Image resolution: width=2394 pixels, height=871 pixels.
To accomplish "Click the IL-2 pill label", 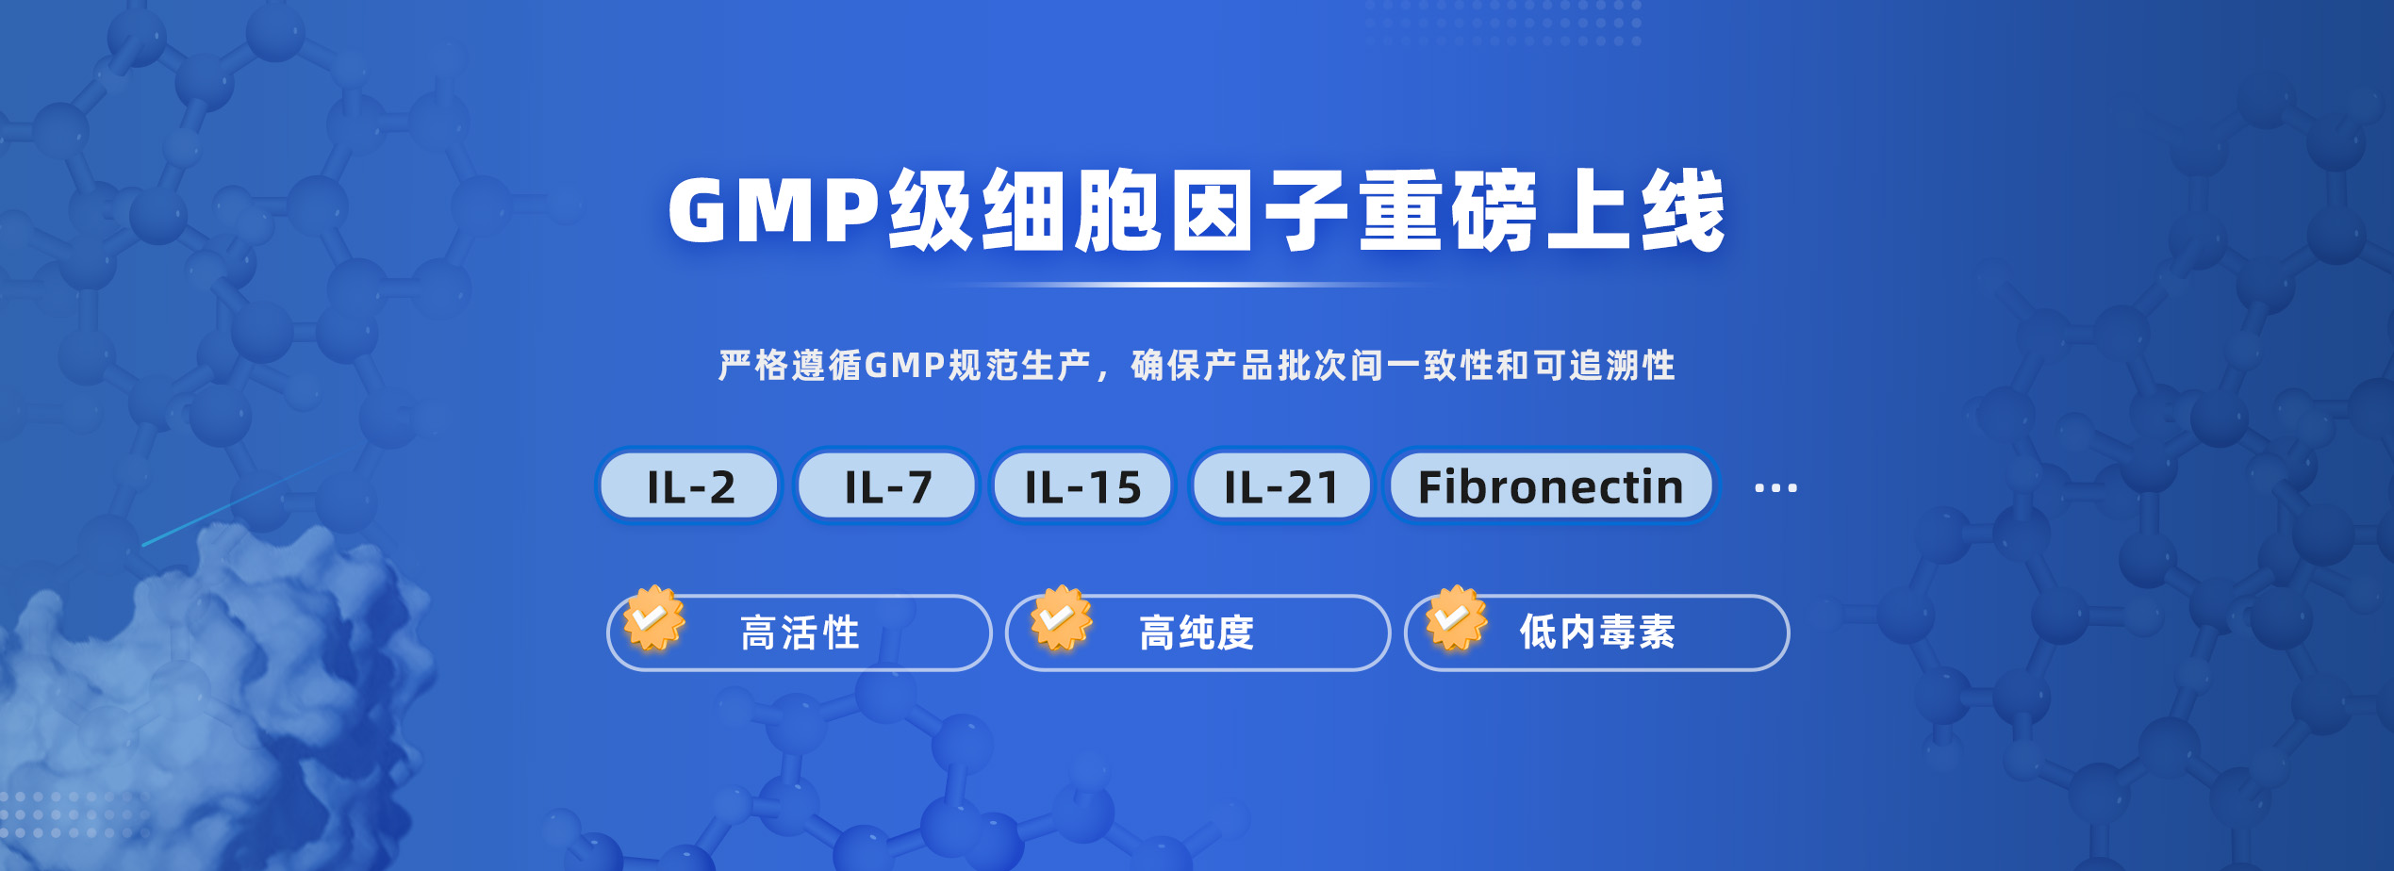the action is point(689,485).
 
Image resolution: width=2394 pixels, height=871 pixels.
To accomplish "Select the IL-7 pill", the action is point(887,485).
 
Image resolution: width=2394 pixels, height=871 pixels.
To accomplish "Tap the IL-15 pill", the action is point(1082,485).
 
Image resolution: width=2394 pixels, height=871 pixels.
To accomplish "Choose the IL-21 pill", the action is point(1281,485).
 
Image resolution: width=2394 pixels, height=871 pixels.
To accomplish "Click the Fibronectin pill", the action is point(1551,485).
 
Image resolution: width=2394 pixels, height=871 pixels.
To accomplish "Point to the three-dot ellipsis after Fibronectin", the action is point(1775,488).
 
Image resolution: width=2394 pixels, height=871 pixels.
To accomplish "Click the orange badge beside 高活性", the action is point(653,618).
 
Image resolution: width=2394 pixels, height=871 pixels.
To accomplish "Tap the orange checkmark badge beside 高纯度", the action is point(1061,618).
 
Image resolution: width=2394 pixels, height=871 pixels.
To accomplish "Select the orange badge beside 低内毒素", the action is point(1456,618).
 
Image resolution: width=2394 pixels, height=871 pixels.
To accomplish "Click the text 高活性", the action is point(801,633).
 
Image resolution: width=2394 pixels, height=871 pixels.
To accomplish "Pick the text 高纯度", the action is point(1197,633).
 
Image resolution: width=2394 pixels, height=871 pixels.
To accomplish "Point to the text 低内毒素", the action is point(1597,633).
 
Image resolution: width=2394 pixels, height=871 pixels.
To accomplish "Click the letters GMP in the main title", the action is point(773,210).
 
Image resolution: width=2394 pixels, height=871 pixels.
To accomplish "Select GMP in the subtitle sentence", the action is point(905,366).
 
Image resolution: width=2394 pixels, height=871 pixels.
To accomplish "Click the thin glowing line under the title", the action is point(1193,285).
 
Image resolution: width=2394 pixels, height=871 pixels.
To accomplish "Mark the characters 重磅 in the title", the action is point(1448,210).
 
